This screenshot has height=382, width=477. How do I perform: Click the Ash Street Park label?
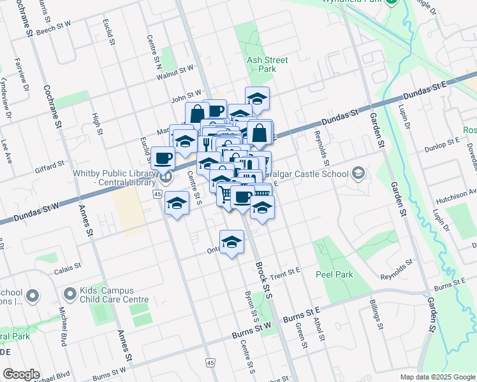click(x=267, y=64)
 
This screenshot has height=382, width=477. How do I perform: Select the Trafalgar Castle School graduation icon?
click(x=358, y=173)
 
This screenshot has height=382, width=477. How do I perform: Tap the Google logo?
click(x=21, y=374)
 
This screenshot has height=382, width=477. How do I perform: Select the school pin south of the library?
click(x=176, y=203)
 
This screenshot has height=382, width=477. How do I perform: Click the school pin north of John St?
click(x=256, y=99)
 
